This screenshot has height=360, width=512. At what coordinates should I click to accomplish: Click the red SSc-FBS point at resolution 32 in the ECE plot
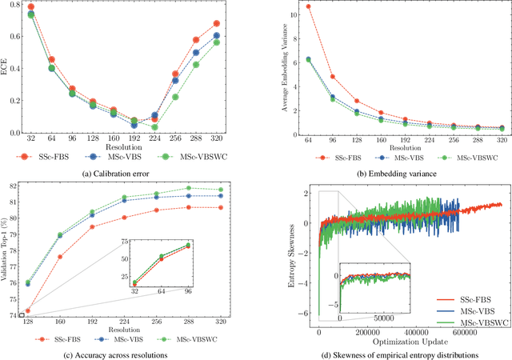tap(31, 7)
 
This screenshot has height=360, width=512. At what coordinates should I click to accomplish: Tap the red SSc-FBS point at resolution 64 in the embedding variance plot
tap(286, 6)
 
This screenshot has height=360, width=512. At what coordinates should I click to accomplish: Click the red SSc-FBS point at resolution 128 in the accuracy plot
tap(28, 311)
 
